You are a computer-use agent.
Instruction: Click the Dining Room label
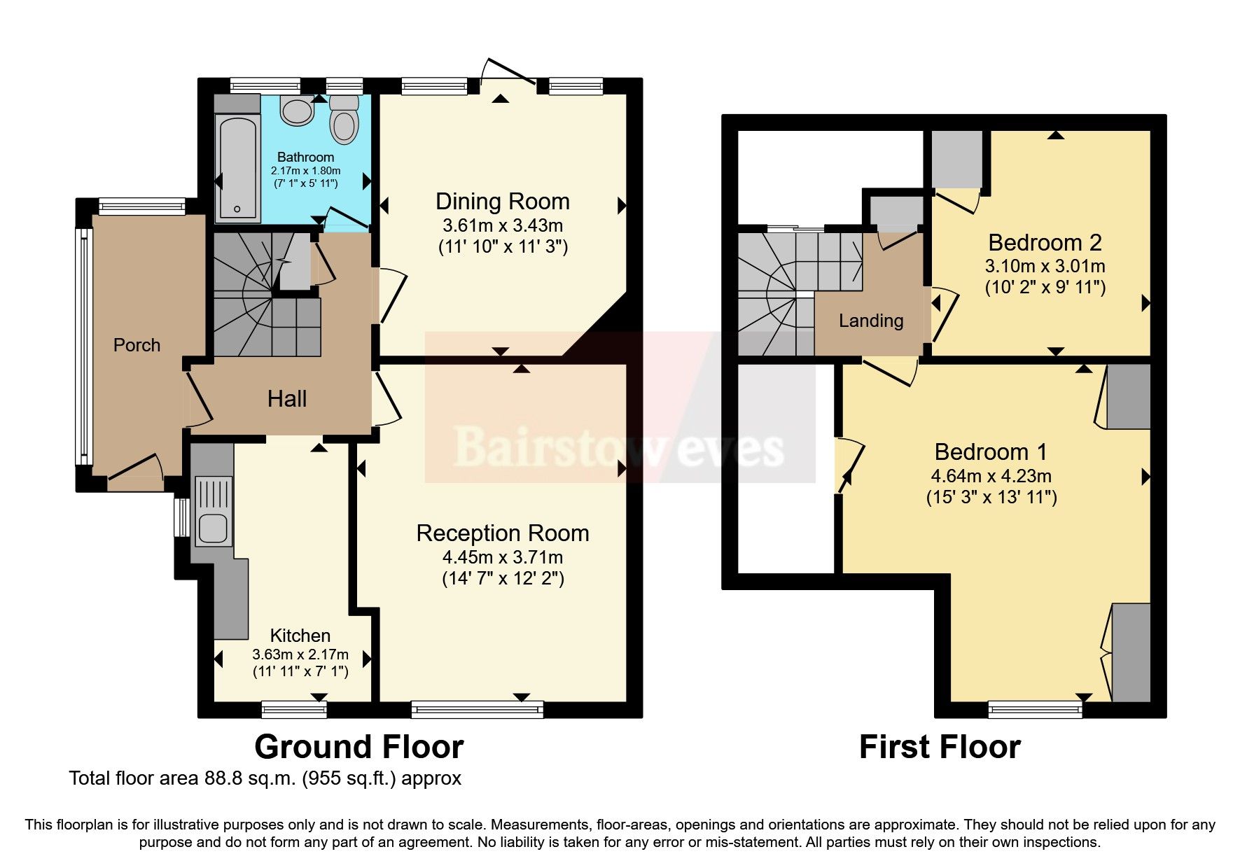[x=502, y=202]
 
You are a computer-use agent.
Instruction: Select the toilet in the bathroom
[x=344, y=120]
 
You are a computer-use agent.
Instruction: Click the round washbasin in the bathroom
[x=297, y=111]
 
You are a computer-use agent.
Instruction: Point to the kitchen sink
[x=213, y=529]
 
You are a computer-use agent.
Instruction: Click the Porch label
[x=137, y=345]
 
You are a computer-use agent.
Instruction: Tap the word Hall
[x=287, y=399]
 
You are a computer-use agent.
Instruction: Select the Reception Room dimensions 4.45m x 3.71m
[x=502, y=557]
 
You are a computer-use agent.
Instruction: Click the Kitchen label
[x=300, y=636]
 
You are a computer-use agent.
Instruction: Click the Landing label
[x=871, y=321]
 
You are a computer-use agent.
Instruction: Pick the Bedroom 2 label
[x=1045, y=243]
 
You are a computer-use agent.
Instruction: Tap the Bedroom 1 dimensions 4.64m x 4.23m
[x=991, y=476]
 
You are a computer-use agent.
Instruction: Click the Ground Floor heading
[x=358, y=747]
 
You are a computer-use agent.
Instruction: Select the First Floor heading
[x=940, y=747]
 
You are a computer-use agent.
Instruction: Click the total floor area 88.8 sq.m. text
[x=265, y=778]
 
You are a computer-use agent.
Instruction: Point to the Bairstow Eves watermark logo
[x=619, y=446]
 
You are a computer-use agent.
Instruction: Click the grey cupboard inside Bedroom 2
[x=956, y=160]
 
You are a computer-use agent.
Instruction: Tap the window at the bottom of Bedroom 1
[x=1035, y=710]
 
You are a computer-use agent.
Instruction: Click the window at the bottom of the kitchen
[x=294, y=710]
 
